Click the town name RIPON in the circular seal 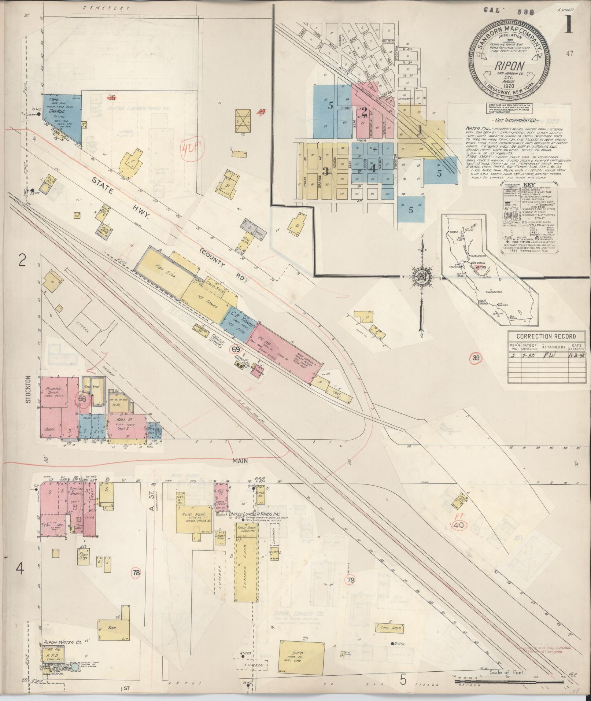[510, 66]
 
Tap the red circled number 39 [475, 358]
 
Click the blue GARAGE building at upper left [60, 114]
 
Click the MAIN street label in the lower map [240, 461]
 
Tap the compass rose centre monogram [421, 277]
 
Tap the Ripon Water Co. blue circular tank [75, 656]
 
